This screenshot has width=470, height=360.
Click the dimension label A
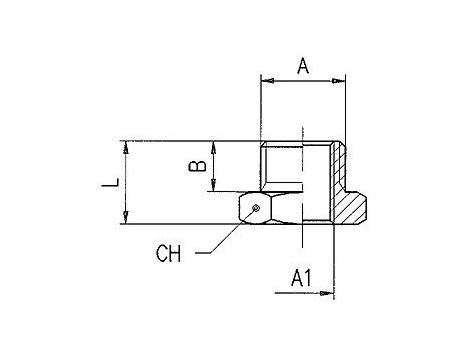303,66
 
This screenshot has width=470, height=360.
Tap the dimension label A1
301,278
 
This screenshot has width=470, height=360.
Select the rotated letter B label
197,166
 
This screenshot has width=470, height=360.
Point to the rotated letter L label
111,183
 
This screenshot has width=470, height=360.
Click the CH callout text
169,253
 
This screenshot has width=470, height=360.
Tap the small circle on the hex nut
256,208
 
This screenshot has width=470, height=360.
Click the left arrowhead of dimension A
268,81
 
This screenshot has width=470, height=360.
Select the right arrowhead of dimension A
338,81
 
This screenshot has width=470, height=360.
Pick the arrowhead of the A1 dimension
327,293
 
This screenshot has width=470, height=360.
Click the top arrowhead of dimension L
126,148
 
